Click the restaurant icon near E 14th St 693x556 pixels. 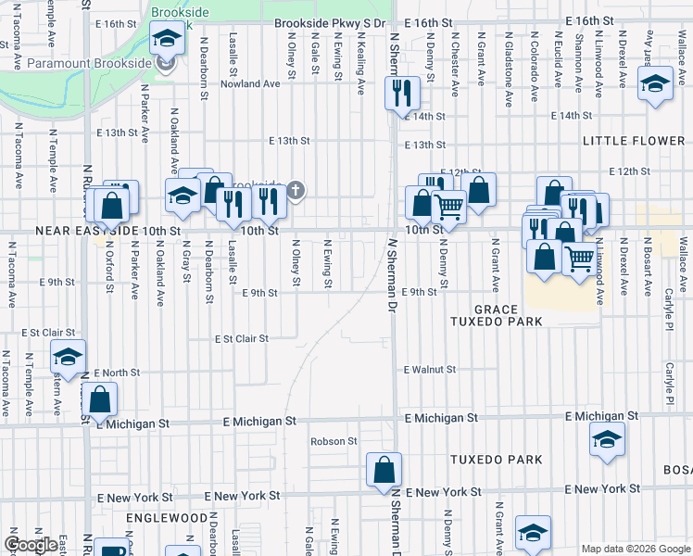coord(402,93)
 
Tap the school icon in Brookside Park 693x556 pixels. coord(167,38)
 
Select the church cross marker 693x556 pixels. coord(296,191)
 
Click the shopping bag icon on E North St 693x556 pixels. coord(100,400)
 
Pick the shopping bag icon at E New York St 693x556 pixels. coord(384,470)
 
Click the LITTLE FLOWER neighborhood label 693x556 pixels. coord(633,141)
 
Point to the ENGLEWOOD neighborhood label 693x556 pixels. coord(167,517)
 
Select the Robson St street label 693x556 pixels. coord(334,442)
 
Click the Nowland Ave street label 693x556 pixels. coord(249,83)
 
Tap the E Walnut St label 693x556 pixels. coord(430,370)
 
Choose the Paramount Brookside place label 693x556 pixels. coord(89,63)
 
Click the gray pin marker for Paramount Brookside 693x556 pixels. coord(167,64)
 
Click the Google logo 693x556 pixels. coord(30,545)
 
